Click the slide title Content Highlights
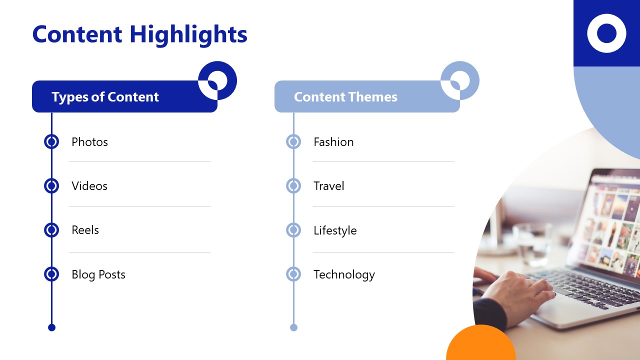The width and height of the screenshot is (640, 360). click(139, 34)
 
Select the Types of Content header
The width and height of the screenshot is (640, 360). click(105, 97)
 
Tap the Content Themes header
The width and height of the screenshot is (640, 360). click(345, 97)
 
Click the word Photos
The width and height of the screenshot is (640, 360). click(89, 142)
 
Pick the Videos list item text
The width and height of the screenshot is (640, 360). click(89, 186)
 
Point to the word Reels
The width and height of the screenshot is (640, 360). click(85, 230)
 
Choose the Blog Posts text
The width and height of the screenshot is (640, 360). click(98, 274)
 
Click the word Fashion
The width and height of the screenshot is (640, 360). click(333, 142)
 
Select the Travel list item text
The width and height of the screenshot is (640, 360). click(328, 186)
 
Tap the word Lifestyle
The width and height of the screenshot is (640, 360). click(335, 230)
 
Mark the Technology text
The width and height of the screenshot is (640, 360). click(344, 274)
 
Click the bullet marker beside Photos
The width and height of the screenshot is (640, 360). click(51, 142)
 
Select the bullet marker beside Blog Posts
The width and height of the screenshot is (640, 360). click(51, 274)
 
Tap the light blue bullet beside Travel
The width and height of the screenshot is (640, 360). click(293, 186)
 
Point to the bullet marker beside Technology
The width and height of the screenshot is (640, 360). click(293, 274)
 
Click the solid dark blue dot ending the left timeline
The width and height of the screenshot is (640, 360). click(51, 327)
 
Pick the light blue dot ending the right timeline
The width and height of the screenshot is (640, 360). click(293, 327)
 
